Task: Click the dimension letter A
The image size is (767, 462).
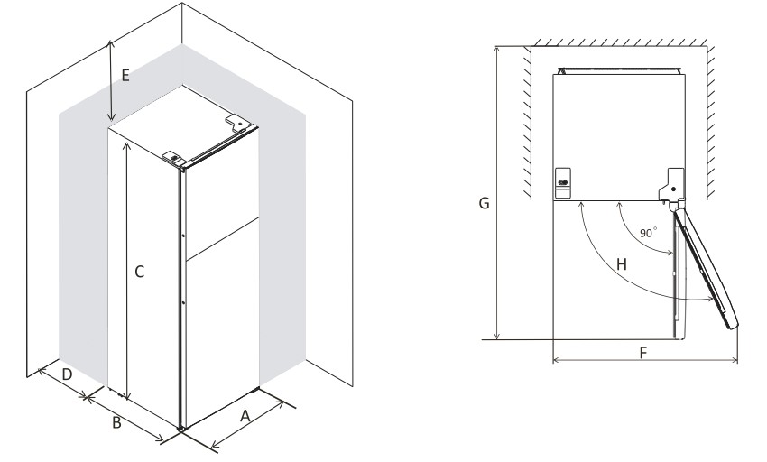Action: point(244,416)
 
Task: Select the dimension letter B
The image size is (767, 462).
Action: point(116,422)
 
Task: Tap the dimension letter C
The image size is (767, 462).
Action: point(140,270)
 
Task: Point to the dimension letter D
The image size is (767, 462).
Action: point(66,373)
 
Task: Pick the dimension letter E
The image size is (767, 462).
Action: point(125,76)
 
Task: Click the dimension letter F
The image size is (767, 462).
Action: point(642,351)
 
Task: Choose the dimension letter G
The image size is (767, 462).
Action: point(485,204)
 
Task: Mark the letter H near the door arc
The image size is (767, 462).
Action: point(620,264)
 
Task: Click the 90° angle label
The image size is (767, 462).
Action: point(648,233)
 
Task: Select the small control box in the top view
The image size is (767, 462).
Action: point(562,181)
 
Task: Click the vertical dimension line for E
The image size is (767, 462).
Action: point(110,81)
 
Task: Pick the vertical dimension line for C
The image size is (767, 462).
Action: point(127,271)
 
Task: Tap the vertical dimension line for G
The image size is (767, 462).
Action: point(497,189)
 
